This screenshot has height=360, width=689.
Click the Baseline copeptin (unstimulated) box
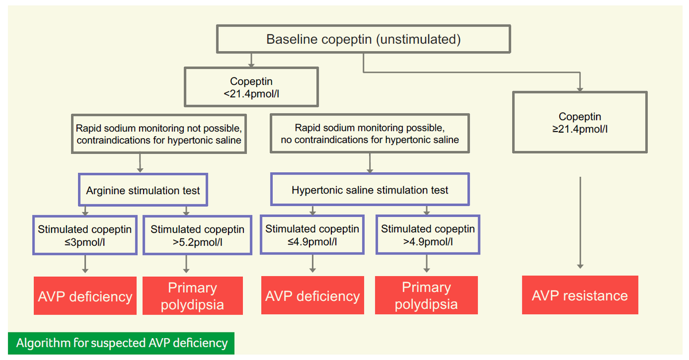[x=363, y=40]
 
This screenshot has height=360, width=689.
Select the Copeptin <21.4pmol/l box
[x=251, y=87]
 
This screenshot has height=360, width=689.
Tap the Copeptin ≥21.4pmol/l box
[x=580, y=122]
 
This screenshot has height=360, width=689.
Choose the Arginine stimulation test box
[x=143, y=190]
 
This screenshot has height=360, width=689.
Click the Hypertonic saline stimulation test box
[x=370, y=189]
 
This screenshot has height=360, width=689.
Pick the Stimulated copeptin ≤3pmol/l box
[x=85, y=235]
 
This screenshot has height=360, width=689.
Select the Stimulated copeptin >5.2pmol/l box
[x=197, y=235]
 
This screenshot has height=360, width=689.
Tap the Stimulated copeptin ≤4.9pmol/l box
[x=312, y=235]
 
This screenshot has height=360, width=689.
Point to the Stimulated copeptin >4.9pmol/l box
[x=428, y=235]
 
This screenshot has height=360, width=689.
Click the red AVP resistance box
[x=580, y=295]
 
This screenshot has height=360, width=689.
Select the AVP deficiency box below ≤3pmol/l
[x=85, y=296]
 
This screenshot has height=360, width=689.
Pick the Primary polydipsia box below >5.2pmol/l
[x=192, y=296]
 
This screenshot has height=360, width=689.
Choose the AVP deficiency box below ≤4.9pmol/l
[x=312, y=296]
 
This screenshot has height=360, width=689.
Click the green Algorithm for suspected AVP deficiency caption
[x=122, y=343]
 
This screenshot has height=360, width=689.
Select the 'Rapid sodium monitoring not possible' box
[x=158, y=133]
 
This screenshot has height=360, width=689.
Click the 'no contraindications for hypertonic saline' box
[x=370, y=133]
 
